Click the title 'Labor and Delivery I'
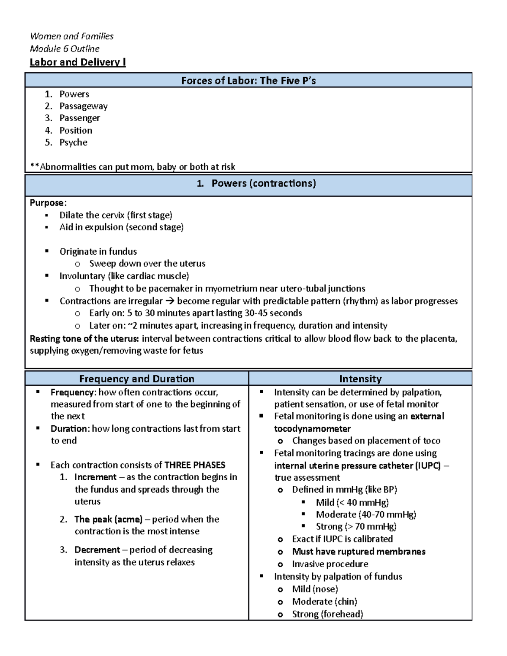(x=78, y=62)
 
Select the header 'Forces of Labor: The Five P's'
(x=248, y=80)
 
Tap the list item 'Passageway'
(x=83, y=106)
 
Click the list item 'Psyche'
(x=73, y=142)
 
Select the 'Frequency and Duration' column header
(x=136, y=378)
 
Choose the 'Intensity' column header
(x=360, y=378)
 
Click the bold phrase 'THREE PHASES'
(x=195, y=465)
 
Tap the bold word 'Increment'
(x=95, y=477)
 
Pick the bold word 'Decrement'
(x=97, y=550)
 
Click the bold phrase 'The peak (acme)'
(x=108, y=519)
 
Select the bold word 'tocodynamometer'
(x=312, y=429)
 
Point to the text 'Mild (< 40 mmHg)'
(x=352, y=502)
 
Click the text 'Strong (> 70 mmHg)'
(x=356, y=526)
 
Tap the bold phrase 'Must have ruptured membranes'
(x=359, y=552)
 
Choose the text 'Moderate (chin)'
(x=324, y=602)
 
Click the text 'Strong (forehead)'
(x=327, y=614)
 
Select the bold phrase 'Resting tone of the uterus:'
(x=84, y=338)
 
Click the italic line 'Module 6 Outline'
(x=65, y=49)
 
